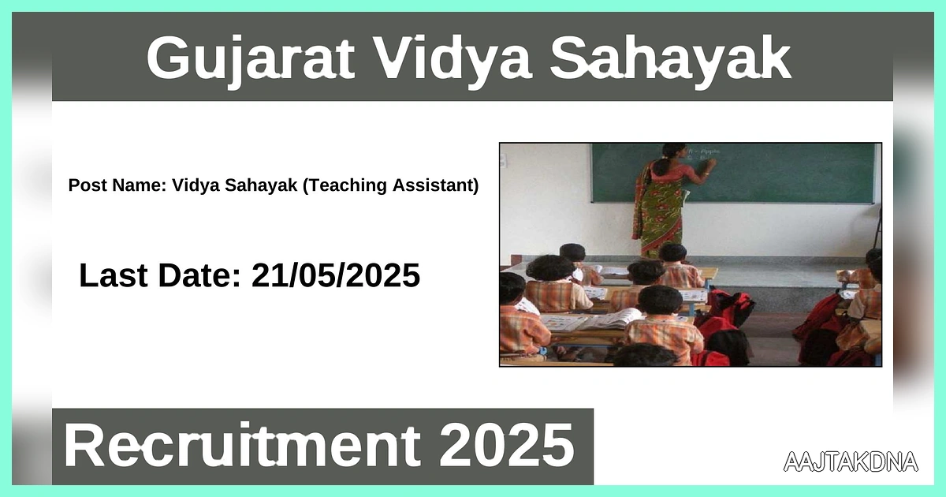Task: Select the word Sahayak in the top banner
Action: coord(670,58)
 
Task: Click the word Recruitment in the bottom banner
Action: coord(240,446)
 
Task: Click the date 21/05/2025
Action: coord(336,275)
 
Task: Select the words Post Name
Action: coord(116,186)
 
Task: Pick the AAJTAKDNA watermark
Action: coord(851,461)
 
